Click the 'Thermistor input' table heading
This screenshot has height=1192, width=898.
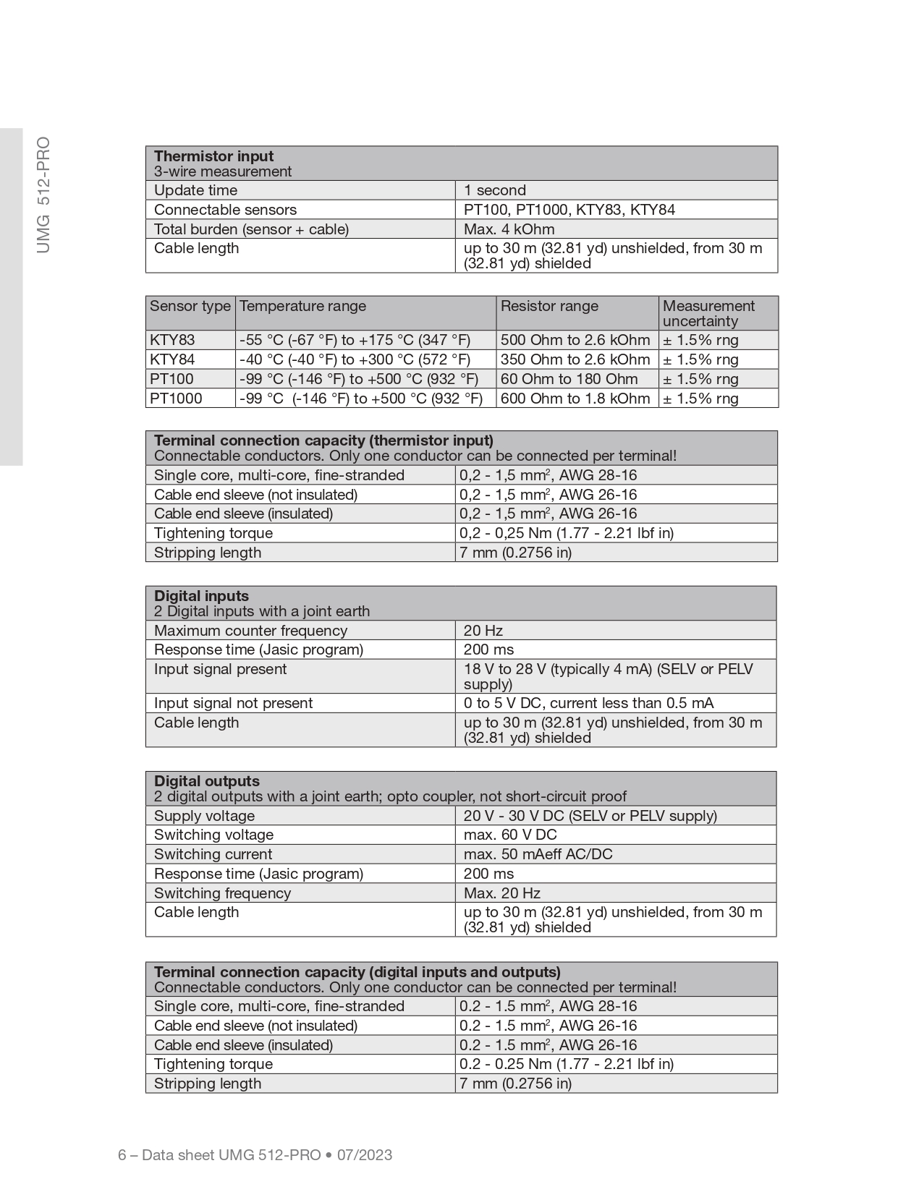click(214, 156)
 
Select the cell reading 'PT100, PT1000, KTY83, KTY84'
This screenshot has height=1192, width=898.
click(569, 210)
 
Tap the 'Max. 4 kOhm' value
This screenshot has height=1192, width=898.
click(509, 229)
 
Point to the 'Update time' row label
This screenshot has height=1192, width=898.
click(195, 190)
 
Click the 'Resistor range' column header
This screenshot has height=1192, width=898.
click(549, 306)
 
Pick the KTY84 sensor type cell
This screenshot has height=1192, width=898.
click(172, 359)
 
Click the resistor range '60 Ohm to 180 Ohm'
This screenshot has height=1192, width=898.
click(569, 379)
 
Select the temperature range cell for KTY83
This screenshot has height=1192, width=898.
click(355, 340)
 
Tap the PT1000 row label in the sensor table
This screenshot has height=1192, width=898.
click(176, 399)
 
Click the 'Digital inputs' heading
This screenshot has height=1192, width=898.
click(201, 596)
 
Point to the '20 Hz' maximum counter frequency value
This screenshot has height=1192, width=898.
click(483, 631)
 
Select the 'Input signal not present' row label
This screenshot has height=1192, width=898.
click(233, 703)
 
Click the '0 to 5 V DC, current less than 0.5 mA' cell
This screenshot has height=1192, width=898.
click(588, 703)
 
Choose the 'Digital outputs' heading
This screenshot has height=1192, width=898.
click(206, 781)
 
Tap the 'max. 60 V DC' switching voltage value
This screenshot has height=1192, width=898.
click(510, 835)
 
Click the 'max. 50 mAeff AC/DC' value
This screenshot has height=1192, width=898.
click(538, 854)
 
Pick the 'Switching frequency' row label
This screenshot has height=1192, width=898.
click(222, 893)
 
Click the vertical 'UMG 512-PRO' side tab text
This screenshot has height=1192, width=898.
click(43, 195)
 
